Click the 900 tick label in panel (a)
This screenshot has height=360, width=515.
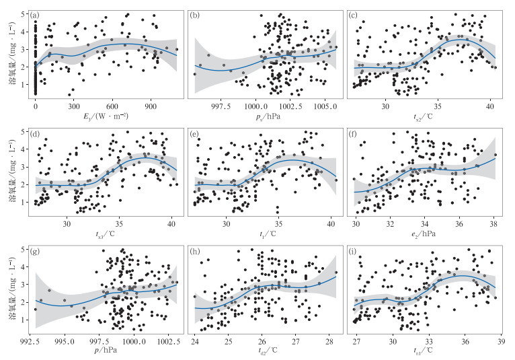pyautogui.click(x=151, y=106)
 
